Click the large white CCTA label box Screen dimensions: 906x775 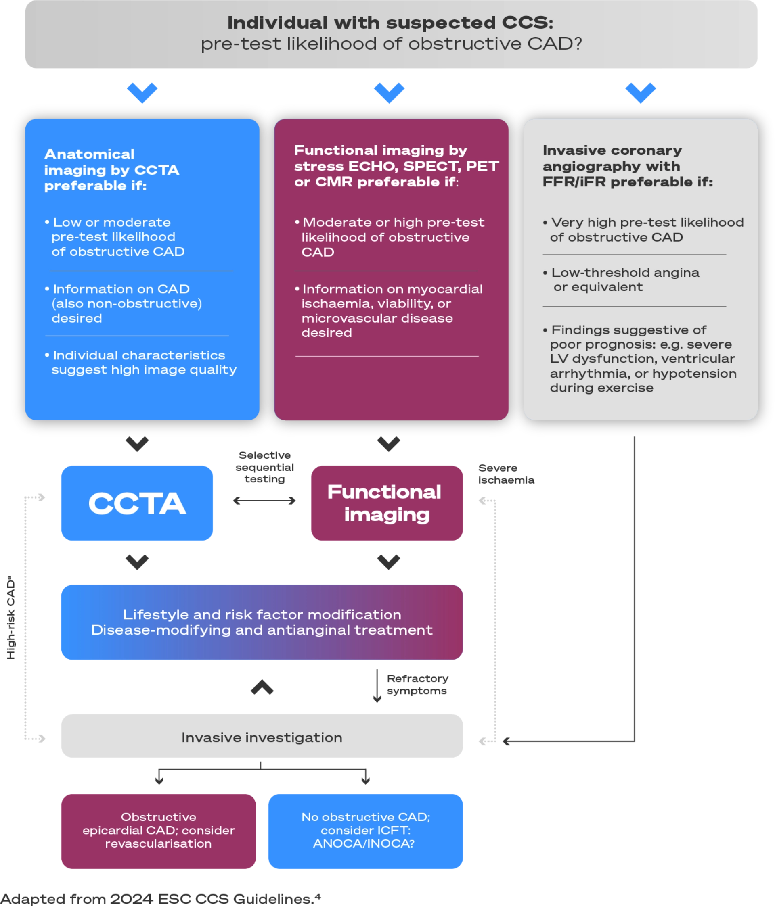(137, 503)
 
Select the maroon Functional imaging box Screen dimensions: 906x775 (387, 503)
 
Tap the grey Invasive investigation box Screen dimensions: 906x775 (262, 737)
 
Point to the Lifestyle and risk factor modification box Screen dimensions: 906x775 (262, 622)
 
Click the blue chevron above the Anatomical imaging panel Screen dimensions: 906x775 (142, 92)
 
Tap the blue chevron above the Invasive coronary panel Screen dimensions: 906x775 (641, 92)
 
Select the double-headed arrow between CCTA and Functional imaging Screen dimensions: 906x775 (265, 500)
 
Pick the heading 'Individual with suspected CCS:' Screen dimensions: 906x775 (390, 23)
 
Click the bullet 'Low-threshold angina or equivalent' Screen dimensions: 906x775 (621, 280)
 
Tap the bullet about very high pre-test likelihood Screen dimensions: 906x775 (643, 230)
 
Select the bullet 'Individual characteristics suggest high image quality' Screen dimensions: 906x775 (142, 362)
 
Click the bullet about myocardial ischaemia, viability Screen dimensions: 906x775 (390, 311)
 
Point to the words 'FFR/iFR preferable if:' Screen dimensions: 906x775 (628, 182)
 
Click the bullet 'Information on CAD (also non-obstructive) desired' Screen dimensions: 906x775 (125, 303)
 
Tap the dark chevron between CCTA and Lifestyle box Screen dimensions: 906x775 (137, 561)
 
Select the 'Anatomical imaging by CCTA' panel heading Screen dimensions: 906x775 (111, 170)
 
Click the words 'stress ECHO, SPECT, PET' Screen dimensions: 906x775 (396, 166)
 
